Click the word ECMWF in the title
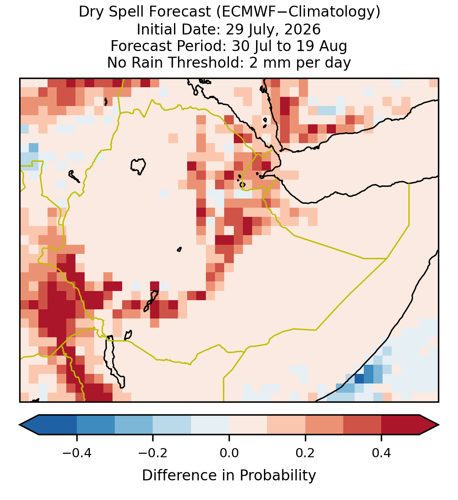click(x=244, y=12)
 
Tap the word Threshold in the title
click(x=205, y=62)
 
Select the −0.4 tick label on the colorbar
click(x=76, y=453)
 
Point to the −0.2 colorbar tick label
click(x=153, y=453)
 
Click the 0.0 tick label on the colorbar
click(x=229, y=453)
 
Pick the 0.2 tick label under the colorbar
click(x=305, y=453)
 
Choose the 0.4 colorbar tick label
click(x=382, y=453)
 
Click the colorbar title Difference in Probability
click(x=229, y=476)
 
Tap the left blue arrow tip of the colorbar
click(x=20, y=425)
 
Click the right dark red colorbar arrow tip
click(x=438, y=425)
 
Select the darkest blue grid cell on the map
click(x=359, y=379)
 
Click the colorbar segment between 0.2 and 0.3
click(x=324, y=425)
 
